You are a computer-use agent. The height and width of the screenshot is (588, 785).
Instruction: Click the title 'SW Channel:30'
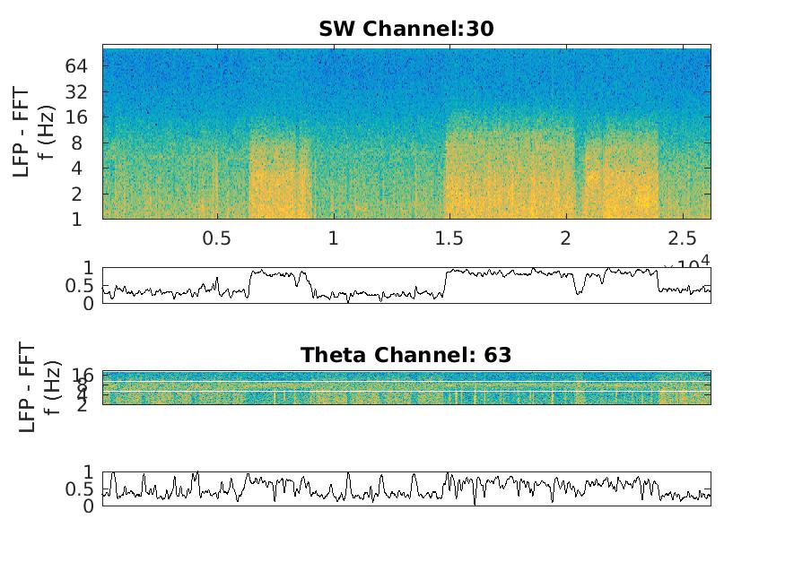tap(406, 29)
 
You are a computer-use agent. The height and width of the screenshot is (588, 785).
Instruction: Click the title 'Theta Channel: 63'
tap(406, 355)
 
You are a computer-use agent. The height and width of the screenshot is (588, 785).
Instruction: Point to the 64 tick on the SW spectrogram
tap(75, 66)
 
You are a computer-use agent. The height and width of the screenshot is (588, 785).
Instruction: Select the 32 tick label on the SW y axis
tap(75, 91)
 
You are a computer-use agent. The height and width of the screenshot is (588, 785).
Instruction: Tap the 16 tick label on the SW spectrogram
tap(75, 117)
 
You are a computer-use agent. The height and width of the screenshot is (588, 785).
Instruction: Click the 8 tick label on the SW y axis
tap(82, 143)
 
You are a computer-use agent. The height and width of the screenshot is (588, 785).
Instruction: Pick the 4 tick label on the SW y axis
tap(82, 168)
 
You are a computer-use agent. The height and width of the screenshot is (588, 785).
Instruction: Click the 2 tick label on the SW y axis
tap(82, 194)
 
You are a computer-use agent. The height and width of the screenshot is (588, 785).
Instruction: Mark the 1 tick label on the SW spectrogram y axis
tap(82, 219)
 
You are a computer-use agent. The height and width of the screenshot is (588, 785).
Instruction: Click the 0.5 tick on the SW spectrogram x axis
tap(216, 238)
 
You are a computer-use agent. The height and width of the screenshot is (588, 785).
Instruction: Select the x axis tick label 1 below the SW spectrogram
tap(333, 238)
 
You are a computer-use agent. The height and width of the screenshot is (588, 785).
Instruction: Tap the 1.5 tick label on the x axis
tap(449, 238)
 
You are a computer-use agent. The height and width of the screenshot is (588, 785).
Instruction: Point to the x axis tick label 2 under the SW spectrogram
tap(565, 238)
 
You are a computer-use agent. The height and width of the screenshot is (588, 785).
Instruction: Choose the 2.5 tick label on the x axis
tap(681, 238)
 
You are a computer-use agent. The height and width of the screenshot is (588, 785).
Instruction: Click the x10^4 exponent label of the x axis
tap(687, 262)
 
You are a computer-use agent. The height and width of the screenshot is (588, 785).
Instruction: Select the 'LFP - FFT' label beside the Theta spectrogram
tap(27, 387)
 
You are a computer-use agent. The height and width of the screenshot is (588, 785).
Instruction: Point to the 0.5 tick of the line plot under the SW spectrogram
tap(81, 285)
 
